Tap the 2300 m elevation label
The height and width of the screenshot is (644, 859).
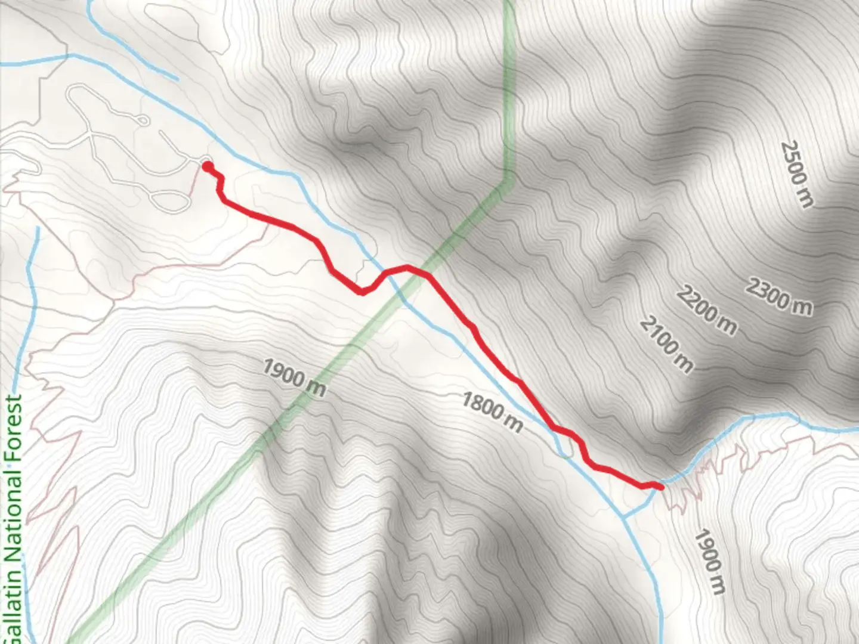(779, 296)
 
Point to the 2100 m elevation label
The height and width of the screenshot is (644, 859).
(667, 344)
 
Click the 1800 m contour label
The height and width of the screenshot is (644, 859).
(492, 412)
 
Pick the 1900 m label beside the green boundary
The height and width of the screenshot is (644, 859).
(295, 377)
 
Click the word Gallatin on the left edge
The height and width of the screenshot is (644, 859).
(13, 602)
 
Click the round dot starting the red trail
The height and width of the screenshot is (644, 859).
(207, 167)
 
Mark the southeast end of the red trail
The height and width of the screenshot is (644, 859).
(661, 487)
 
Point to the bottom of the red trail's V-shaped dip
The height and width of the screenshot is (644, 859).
(361, 292)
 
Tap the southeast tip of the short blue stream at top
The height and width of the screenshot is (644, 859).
(177, 79)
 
